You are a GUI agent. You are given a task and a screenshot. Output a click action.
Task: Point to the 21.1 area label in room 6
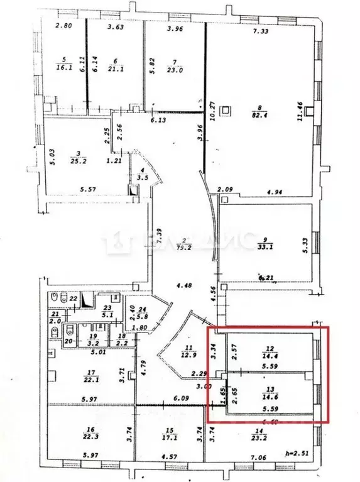point(114,69)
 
